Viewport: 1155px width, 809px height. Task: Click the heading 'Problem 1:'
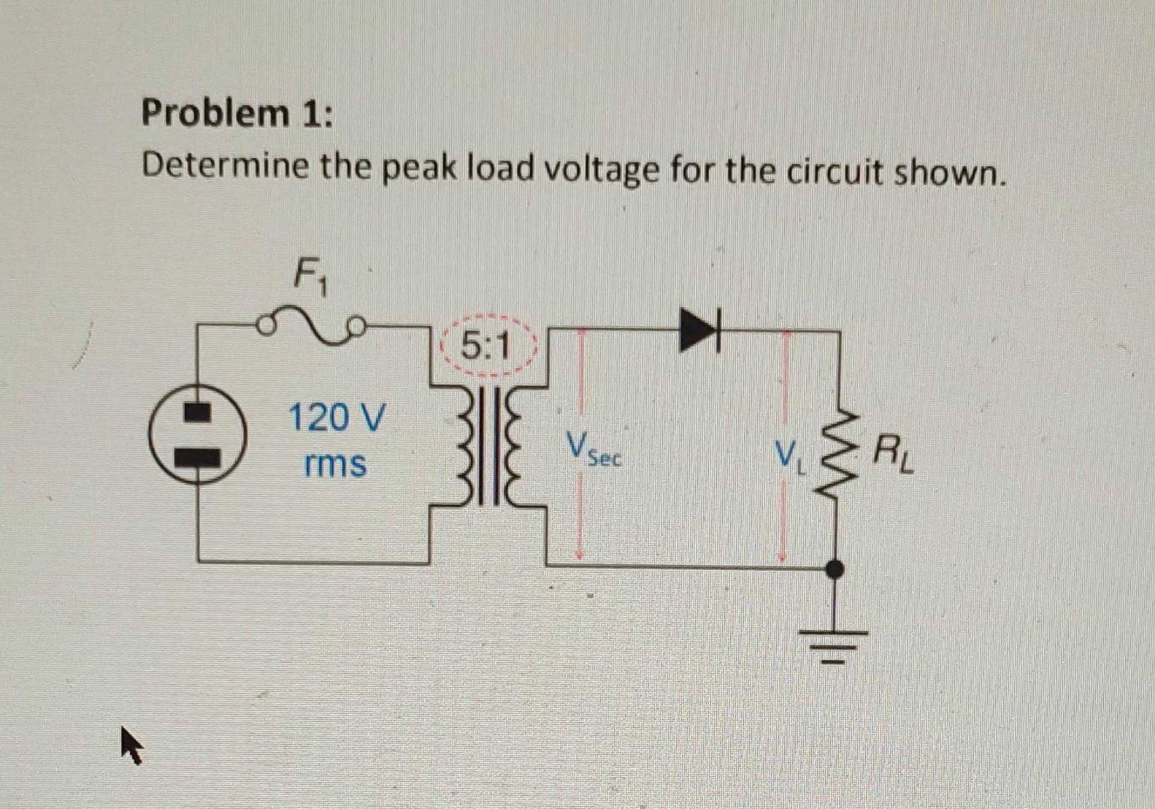coord(238,114)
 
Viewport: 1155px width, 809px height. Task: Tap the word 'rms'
coord(335,464)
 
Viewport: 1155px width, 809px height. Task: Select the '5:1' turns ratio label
coord(486,346)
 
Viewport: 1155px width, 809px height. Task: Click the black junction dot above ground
coord(835,569)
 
